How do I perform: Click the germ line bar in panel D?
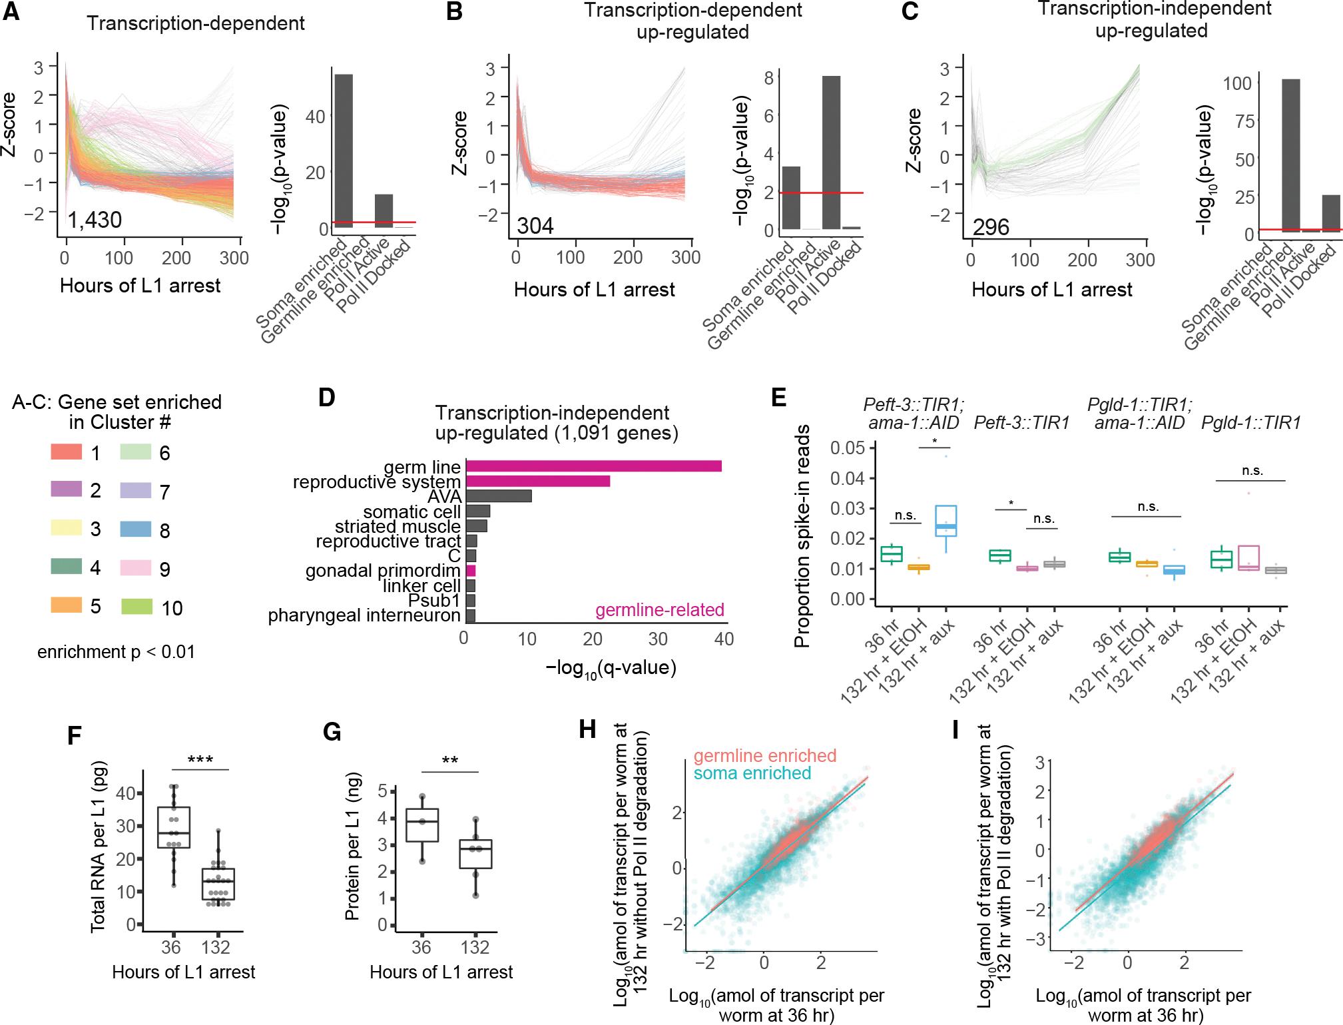(593, 466)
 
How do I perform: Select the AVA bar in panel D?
(498, 496)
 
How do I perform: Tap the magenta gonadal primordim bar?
(471, 571)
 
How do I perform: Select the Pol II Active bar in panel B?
(831, 153)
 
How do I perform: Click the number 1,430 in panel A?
(95, 220)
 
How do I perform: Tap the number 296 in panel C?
(991, 227)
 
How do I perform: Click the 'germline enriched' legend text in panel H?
(764, 756)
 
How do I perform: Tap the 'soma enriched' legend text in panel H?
(752, 773)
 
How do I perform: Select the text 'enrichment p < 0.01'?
(117, 651)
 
